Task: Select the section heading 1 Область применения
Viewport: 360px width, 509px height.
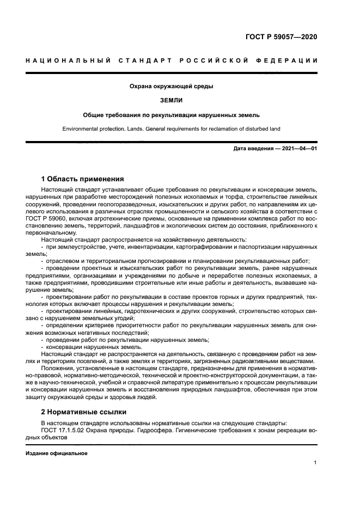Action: point(83,179)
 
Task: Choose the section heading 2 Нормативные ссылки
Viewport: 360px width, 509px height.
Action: point(82,412)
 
